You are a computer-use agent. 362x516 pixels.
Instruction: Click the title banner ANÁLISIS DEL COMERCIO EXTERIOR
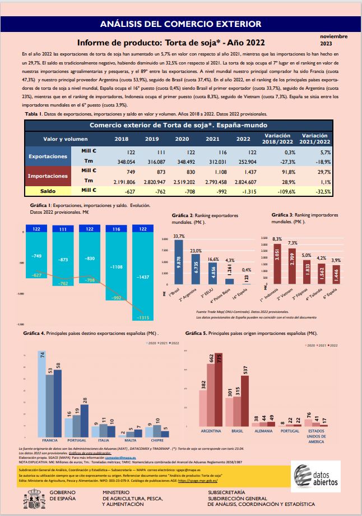[180, 24]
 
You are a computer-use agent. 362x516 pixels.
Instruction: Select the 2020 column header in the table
[182, 139]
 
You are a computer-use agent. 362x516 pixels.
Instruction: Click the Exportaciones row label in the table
[48, 156]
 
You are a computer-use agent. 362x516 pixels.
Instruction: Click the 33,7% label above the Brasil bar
[179, 236]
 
